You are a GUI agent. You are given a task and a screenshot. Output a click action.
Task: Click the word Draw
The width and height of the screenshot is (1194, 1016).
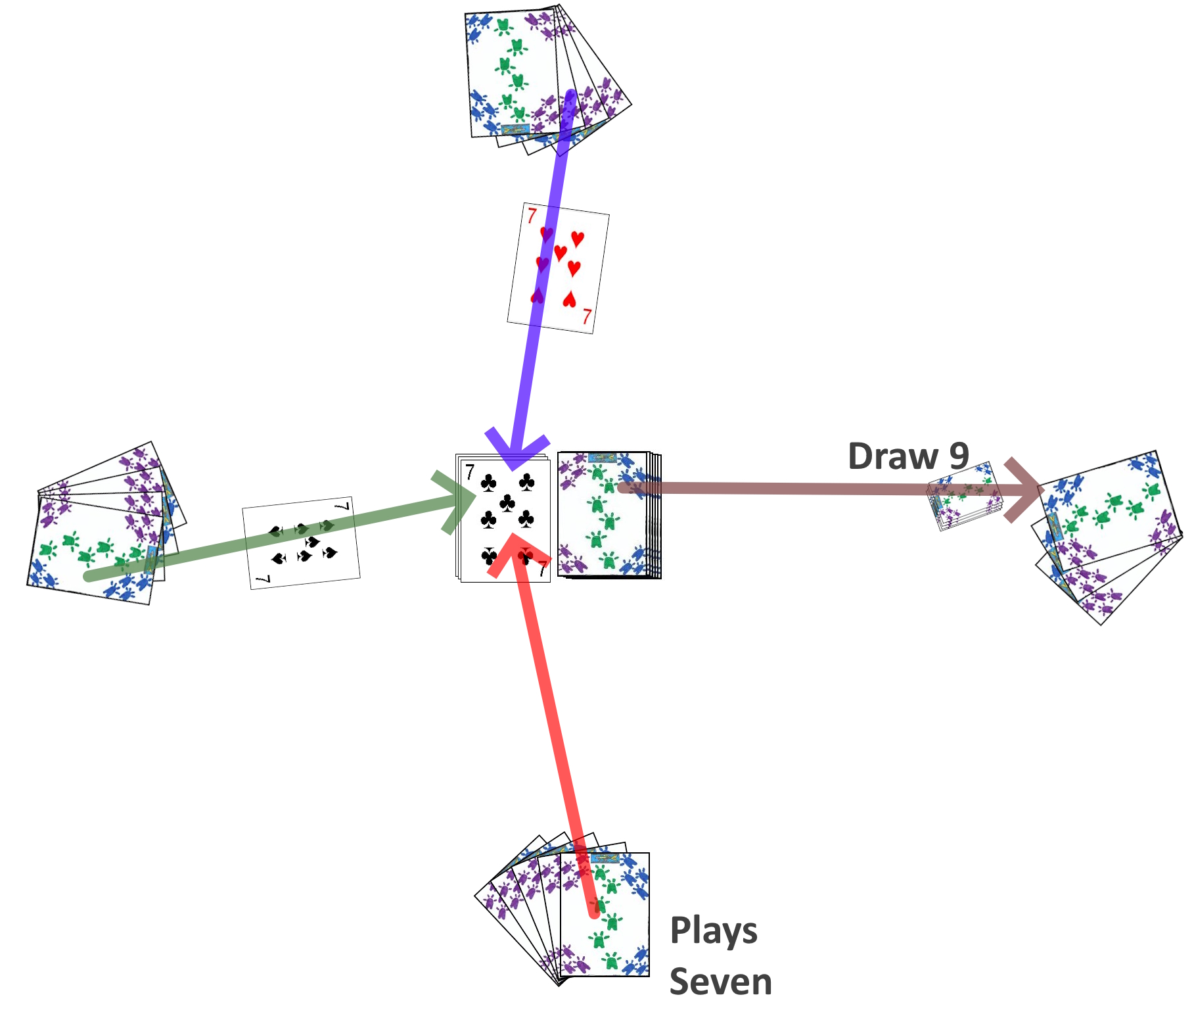893,456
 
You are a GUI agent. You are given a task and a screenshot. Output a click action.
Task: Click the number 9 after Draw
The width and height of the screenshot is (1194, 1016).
959,456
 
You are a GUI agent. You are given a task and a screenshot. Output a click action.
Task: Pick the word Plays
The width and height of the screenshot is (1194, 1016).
714,932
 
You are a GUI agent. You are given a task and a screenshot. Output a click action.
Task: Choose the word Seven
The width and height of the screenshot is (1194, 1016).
721,982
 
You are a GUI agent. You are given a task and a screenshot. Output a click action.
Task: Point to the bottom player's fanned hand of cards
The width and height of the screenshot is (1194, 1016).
578,914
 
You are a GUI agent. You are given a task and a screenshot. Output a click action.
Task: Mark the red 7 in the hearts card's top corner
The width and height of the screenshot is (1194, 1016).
532,216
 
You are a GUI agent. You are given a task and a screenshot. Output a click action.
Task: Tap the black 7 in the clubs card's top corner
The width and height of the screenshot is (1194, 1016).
470,472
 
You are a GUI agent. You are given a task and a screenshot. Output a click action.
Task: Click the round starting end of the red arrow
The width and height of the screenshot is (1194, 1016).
595,912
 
